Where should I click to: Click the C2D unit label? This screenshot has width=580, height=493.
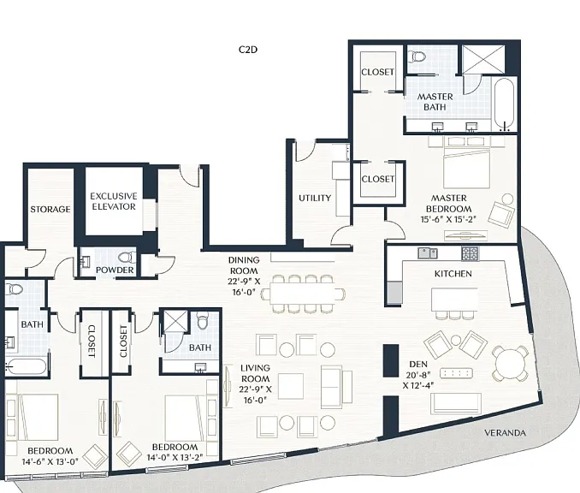click(248, 50)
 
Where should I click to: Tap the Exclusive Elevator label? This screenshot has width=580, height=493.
click(114, 201)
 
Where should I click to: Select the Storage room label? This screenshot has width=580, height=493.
click(50, 209)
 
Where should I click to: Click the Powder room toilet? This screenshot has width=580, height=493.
click(127, 258)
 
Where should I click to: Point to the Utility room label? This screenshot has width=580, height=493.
click(315, 198)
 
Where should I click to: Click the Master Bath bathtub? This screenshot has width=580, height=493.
click(505, 104)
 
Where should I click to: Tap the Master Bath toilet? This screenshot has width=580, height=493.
click(418, 57)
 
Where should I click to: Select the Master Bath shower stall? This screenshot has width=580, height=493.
click(483, 59)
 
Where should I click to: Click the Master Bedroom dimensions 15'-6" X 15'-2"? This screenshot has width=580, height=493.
click(448, 219)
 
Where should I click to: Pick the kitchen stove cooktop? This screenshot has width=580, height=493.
click(470, 253)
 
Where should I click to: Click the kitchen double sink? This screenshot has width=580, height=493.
click(428, 253)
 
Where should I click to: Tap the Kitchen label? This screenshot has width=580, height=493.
click(453, 274)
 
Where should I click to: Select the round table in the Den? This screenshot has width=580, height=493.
click(511, 364)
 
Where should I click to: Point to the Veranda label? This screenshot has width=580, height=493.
click(505, 433)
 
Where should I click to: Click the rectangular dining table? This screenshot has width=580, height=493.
click(303, 294)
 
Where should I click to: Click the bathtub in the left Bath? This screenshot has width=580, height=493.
click(27, 367)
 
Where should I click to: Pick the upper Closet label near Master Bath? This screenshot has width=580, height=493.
click(377, 72)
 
